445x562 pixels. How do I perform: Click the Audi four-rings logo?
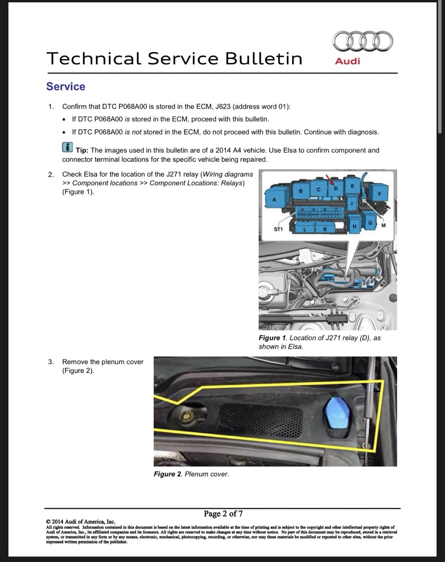[x=363, y=41]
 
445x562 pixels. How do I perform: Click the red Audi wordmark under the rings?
[x=347, y=61]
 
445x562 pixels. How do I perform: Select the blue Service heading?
[x=66, y=87]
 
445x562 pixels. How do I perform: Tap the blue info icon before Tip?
[x=67, y=148]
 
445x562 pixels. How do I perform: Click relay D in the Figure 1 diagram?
[x=336, y=188]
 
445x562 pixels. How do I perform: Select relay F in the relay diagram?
[x=379, y=193]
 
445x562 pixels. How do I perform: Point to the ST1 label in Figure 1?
[x=278, y=229]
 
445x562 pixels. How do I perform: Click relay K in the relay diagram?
[x=325, y=228]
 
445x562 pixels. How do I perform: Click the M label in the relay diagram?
[x=383, y=225]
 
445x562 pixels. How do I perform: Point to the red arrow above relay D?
[x=329, y=179]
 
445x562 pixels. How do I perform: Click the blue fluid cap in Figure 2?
[x=336, y=413]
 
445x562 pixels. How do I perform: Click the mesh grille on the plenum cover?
[x=260, y=421]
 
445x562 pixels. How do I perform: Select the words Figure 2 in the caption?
[x=167, y=474]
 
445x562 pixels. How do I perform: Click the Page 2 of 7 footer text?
[x=223, y=514]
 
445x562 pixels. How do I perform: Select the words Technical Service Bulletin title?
[x=174, y=58]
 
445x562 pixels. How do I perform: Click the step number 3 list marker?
[x=51, y=362]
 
